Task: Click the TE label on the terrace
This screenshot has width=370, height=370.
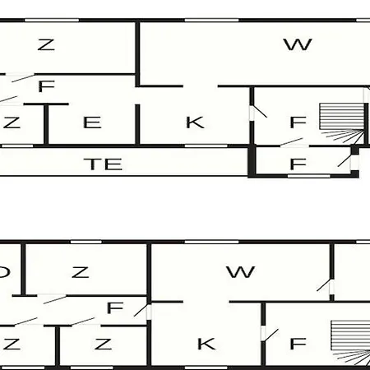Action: pos(103,164)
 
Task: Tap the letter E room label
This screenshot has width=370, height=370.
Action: pos(92,123)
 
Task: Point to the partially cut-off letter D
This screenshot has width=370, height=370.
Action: pos(5,272)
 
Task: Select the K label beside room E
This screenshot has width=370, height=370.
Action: pos(195,123)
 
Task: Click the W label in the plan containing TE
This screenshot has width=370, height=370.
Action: pos(298,44)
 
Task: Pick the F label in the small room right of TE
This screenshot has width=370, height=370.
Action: pos(298,164)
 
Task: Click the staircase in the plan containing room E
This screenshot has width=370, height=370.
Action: pos(343,123)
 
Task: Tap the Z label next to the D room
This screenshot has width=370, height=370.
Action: pos(80,272)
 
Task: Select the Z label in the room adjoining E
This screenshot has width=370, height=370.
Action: pos(11,123)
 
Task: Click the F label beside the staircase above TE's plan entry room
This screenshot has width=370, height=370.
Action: pos(298,123)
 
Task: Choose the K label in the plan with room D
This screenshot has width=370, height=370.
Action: pos(206,344)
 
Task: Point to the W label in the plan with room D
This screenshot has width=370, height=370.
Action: pos(241,272)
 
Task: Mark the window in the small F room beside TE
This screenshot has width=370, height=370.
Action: pos(309,176)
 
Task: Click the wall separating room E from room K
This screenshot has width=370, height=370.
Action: pos(137,124)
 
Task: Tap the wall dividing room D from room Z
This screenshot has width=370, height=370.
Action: pos(23,270)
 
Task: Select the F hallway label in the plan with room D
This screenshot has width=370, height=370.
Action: pos(115,308)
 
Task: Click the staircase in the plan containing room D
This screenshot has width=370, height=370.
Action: pos(350,343)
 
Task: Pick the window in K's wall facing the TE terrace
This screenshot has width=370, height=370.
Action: pos(206,146)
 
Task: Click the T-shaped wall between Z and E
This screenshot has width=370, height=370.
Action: pos(46,123)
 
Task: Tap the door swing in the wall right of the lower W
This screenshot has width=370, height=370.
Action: pos(323,285)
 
